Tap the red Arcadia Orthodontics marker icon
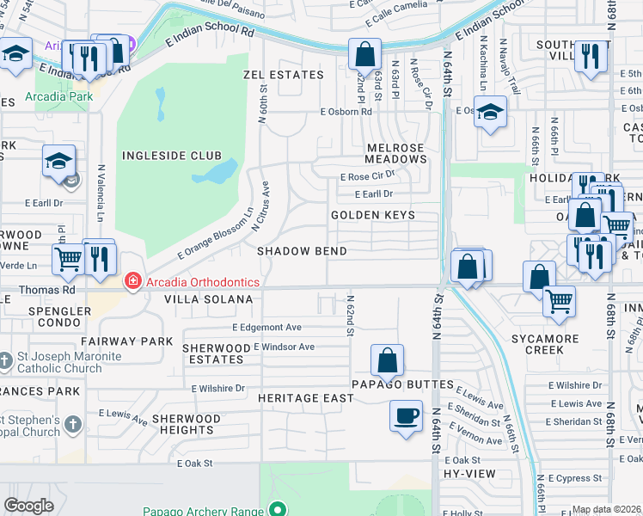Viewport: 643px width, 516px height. pos(132,280)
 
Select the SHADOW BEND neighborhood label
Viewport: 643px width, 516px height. pos(303,251)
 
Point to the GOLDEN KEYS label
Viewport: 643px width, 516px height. pos(373,215)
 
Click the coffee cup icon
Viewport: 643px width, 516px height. pos(406,416)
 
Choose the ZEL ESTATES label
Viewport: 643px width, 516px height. pos(283,75)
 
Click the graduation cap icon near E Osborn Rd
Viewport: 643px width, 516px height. pos(490,112)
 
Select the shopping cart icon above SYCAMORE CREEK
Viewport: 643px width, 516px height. pos(559,301)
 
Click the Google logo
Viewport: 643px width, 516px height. pos(28,506)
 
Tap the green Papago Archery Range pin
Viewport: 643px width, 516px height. pos(277,509)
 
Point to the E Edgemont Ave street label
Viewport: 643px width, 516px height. pos(267,328)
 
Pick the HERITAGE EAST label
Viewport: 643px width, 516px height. pos(306,398)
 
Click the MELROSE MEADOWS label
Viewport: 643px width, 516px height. pos(395,153)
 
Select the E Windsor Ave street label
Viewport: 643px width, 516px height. pos(284,347)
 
